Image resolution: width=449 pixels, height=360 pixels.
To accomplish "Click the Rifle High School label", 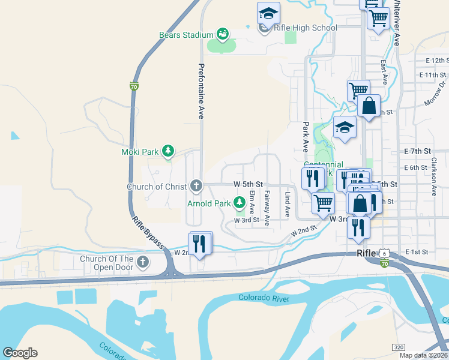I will [x=305, y=28].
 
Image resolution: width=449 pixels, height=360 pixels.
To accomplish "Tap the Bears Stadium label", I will [x=186, y=35].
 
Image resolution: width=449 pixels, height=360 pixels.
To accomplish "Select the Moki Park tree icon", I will [x=169, y=151].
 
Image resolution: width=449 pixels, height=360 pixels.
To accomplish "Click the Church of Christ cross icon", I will [x=196, y=186].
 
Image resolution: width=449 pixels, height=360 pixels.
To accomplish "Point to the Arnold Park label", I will [x=209, y=203].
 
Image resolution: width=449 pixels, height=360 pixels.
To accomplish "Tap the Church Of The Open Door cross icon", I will [x=142, y=262].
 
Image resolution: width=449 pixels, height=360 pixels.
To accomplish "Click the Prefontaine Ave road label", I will [x=201, y=91].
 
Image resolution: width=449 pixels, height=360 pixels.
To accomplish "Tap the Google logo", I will [x=20, y=353].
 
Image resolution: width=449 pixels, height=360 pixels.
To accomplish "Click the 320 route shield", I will [x=399, y=347].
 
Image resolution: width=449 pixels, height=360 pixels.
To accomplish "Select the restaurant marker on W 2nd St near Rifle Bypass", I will [x=200, y=243].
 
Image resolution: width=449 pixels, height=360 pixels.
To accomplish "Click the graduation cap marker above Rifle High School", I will [x=268, y=13].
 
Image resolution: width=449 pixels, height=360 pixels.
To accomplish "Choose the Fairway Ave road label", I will [x=267, y=204].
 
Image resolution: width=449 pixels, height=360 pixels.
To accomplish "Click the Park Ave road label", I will [x=305, y=137].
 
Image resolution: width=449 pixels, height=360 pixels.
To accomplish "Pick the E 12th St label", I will [x=437, y=61].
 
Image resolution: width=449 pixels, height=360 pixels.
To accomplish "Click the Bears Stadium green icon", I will [x=223, y=34].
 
